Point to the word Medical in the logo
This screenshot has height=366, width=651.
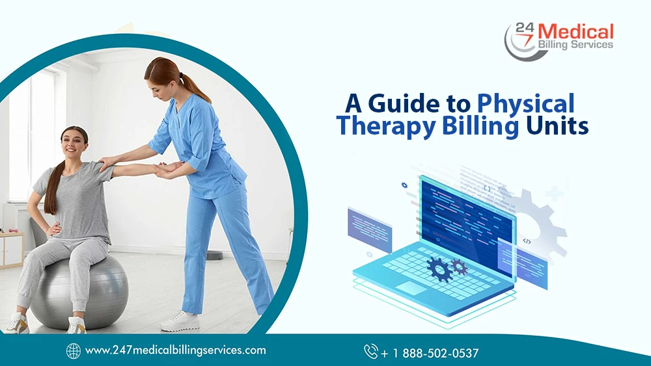tap(577, 31)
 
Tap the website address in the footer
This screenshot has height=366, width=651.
tap(176, 350)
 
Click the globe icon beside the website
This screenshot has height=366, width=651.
tap(74, 350)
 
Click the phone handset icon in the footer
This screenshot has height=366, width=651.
tap(371, 352)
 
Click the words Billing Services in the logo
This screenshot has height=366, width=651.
tap(575, 45)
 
